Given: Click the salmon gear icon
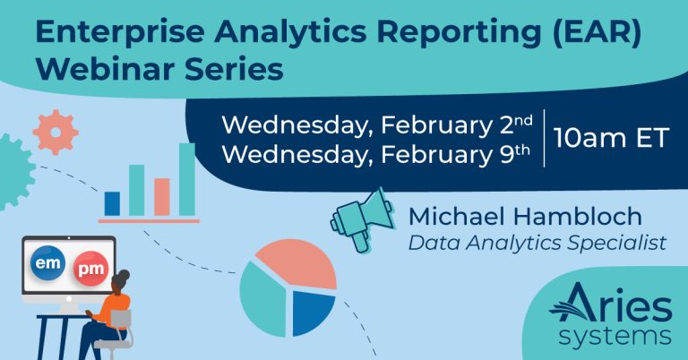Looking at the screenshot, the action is point(56,132).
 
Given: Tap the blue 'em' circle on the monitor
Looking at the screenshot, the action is point(47,263).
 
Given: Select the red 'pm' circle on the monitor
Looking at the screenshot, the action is point(90,269).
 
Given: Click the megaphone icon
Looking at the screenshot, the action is point(362,220).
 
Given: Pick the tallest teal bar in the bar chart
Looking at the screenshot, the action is point(187,179).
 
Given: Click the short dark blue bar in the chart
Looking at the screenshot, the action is point(112,203).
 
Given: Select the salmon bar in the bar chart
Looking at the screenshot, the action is point(162,197).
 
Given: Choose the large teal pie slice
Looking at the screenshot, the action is point(264,299).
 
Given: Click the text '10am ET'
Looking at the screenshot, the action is point(611,138).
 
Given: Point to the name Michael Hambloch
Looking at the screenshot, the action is point(525,217).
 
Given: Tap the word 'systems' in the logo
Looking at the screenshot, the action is point(615,337).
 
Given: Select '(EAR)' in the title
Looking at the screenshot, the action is point(597,33).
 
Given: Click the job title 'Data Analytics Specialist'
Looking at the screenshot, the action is point(537,243).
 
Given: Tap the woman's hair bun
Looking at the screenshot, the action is point(125,275).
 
